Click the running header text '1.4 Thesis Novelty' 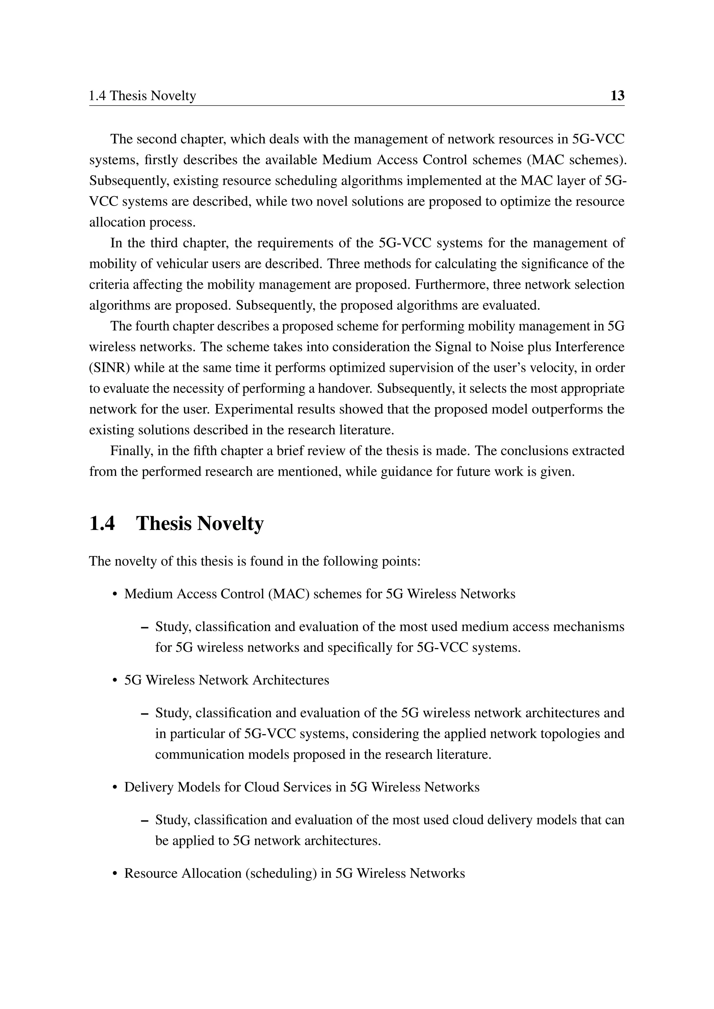pos(143,96)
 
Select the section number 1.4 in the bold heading pos(102,524)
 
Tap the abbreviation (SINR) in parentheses pos(109,368)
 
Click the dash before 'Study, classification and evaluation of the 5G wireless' pos(144,714)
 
